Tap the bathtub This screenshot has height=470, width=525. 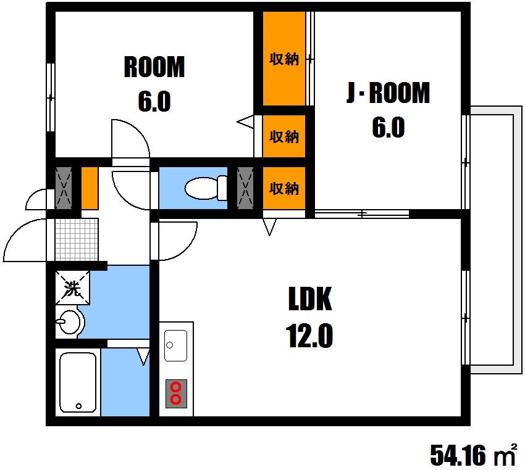tap(78, 382)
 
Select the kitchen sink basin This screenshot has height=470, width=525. tap(176, 345)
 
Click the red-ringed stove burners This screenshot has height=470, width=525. tap(176, 393)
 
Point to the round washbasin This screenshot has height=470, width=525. tap(69, 323)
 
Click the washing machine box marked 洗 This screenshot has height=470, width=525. tap(73, 288)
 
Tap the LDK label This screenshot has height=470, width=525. tap(309, 299)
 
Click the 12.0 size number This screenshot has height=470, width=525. tap(309, 336)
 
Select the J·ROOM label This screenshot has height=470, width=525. tap(388, 93)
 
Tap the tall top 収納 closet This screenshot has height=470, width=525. tap(284, 59)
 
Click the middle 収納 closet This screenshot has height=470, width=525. tap(284, 136)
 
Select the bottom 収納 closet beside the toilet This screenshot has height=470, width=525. tap(284, 188)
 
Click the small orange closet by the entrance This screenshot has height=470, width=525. tap(90, 188)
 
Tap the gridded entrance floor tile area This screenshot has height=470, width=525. tap(77, 239)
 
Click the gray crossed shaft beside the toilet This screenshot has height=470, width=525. tap(245, 188)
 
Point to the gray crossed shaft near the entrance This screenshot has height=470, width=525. tap(64, 188)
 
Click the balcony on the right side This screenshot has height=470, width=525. tap(496, 240)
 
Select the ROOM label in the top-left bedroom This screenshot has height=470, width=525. tap(154, 67)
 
